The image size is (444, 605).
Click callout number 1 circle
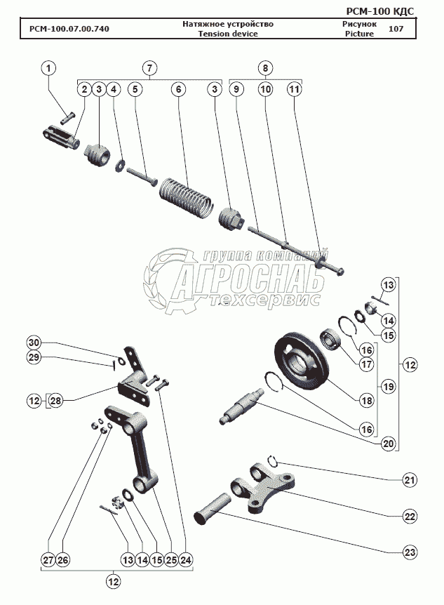pos(48,68)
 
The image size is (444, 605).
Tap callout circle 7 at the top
pos(149,68)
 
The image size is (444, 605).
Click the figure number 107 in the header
pos(395,29)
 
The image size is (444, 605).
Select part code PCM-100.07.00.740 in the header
pos(69,29)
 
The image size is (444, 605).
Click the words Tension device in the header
pos(227,34)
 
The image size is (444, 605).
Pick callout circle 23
pos(409,551)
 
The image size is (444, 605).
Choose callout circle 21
pos(409,481)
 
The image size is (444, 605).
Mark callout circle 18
pos(366,401)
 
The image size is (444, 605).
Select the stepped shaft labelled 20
pos(242,410)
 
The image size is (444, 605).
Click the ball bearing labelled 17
pos(330,342)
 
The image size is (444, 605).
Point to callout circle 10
pos(265,89)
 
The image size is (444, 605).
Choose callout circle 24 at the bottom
pos(185,559)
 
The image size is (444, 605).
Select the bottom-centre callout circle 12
pos(113,581)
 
